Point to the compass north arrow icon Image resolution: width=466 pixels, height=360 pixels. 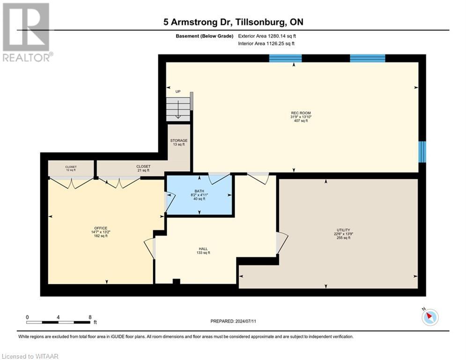[429, 317]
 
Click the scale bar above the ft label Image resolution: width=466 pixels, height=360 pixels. [58, 322]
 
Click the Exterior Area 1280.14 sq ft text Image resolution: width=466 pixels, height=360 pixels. [266, 36]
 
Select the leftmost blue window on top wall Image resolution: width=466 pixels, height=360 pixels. [285, 58]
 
